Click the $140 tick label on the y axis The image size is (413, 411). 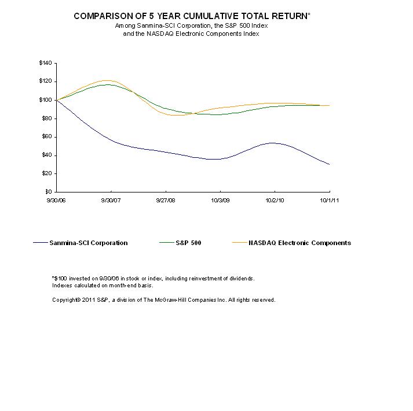pos(45,63)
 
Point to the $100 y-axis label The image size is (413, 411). pos(45,100)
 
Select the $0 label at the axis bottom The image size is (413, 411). pos(49,192)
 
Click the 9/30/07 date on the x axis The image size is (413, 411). pos(111,200)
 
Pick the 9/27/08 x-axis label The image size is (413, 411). pos(166,200)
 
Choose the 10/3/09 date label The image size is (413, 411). pos(221,200)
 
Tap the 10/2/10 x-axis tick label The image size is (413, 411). pos(275,200)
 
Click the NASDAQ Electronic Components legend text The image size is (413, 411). pos(299,243)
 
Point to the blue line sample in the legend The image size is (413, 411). pos(41,243)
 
